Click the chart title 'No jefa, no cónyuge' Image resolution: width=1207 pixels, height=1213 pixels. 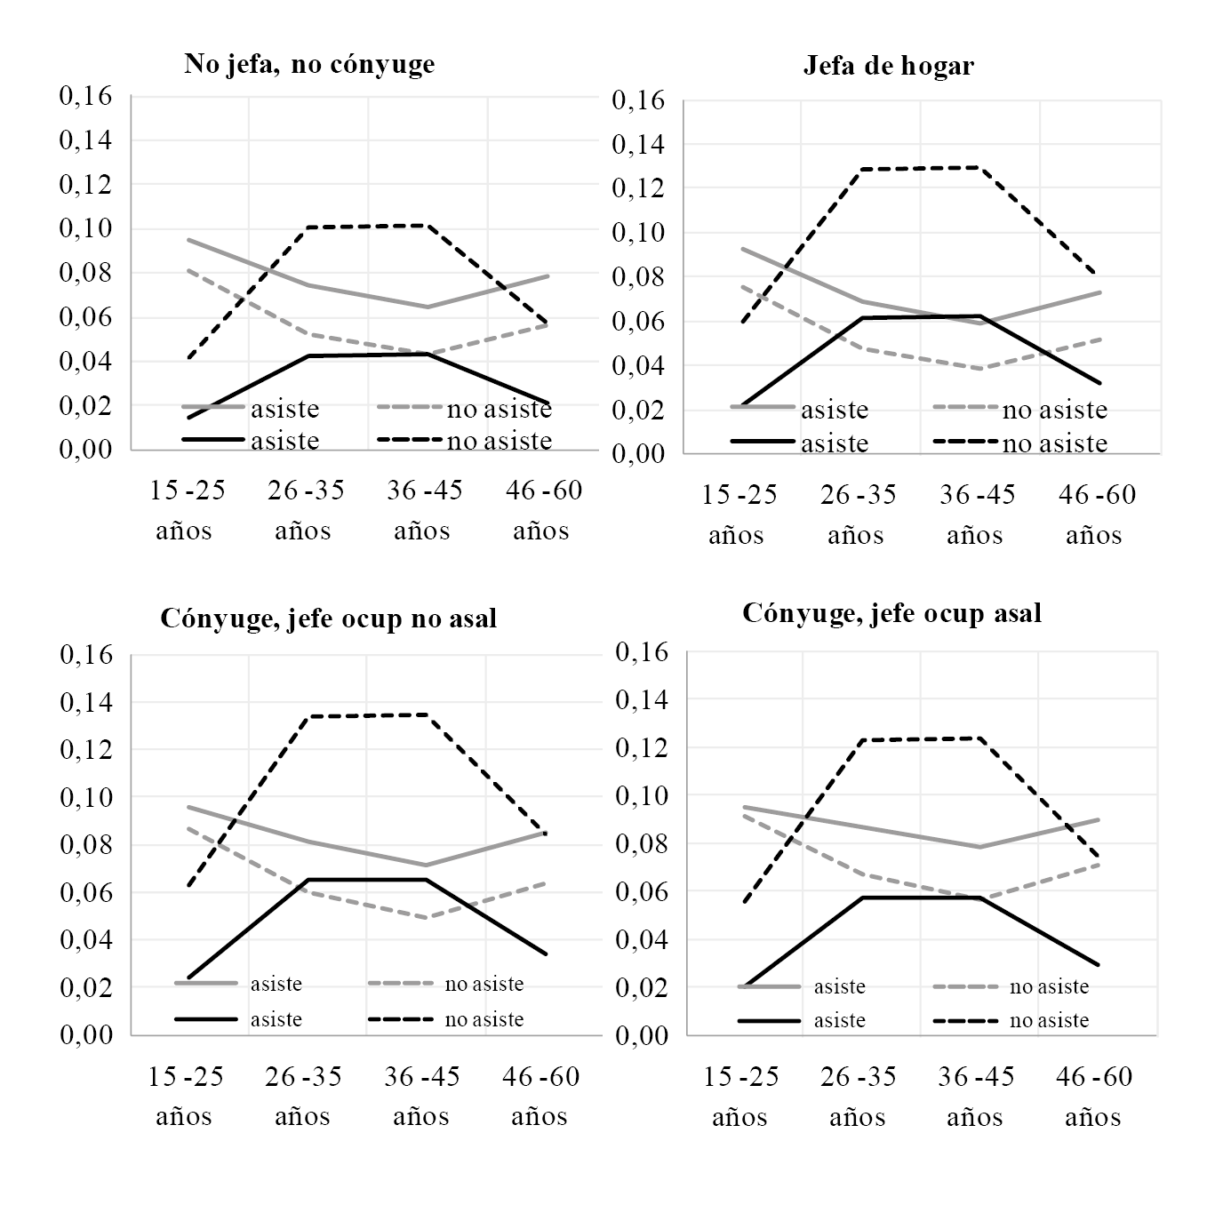coord(309,64)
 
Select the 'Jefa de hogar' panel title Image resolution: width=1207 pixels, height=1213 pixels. coord(888,66)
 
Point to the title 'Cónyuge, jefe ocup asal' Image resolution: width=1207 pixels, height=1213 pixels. coord(891,612)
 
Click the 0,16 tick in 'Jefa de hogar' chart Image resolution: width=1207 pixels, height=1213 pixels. coord(638,100)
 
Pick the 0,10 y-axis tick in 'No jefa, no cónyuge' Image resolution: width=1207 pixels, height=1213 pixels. coord(85,228)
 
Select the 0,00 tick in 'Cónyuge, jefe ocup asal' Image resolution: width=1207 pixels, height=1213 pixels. coord(641,1035)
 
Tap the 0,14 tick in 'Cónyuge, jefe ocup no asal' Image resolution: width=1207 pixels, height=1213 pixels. coord(85,702)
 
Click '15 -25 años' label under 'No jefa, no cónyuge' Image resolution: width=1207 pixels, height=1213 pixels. coord(185,510)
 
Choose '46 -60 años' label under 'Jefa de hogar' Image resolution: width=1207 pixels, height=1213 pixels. coord(1095,515)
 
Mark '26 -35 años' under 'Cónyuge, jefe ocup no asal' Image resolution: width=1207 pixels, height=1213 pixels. coord(303,1096)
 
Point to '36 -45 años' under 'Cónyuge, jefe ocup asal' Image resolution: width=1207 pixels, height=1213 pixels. coord(976,1096)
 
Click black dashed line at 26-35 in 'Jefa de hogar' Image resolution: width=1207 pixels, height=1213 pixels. coord(860,169)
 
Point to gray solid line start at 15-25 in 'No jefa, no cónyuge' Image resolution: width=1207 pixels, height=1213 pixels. coord(188,240)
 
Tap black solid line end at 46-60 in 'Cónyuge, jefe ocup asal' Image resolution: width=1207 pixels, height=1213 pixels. coord(1099,965)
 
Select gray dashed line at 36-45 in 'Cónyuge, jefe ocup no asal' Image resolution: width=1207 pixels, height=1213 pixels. coord(428,917)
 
